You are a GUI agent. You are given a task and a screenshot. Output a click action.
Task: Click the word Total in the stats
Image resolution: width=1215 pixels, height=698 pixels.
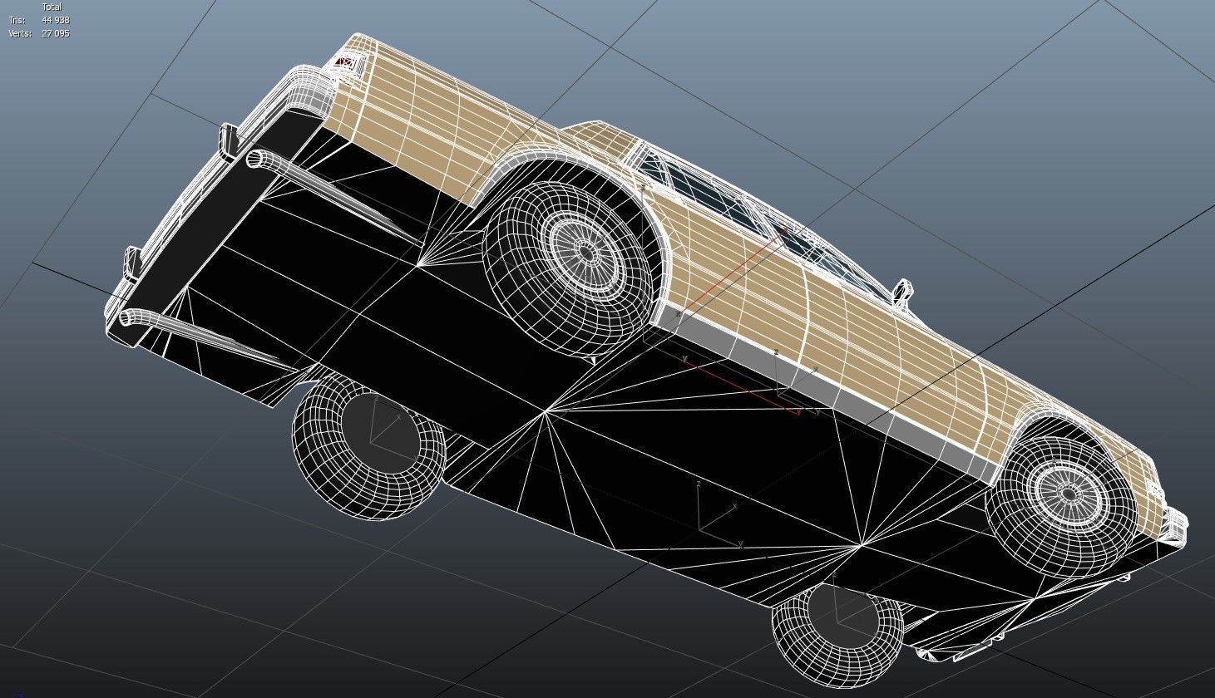(52, 7)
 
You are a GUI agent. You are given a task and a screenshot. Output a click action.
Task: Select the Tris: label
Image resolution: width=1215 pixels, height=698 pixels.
(17, 20)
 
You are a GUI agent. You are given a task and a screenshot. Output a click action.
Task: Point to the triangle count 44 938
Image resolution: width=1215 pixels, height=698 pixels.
(56, 20)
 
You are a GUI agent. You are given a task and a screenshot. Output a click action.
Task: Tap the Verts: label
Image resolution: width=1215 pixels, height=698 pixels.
(20, 33)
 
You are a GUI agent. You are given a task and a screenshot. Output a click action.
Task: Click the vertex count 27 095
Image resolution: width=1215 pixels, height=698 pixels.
(56, 33)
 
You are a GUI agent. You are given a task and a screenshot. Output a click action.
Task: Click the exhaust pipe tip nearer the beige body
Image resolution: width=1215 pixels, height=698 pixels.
(255, 158)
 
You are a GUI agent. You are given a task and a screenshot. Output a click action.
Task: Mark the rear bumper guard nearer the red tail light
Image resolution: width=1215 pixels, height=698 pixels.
(228, 140)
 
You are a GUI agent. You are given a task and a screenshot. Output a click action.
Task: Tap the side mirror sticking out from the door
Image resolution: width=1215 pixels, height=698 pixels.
(901, 291)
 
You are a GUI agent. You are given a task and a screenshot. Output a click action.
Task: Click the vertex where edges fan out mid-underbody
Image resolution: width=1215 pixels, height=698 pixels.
(546, 410)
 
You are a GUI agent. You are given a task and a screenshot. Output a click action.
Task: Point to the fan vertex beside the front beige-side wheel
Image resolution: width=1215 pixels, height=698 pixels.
(862, 545)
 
